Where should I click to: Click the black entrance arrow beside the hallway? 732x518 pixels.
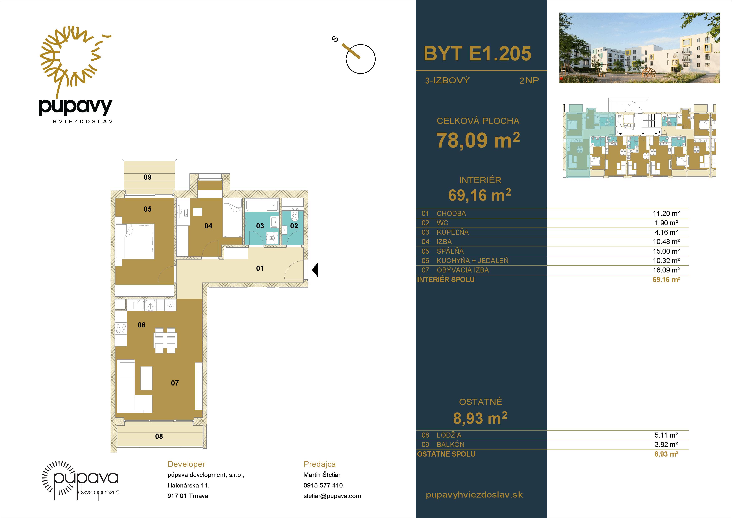(315, 270)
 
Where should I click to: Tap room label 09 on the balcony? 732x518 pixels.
(148, 177)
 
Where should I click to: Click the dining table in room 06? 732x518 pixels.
(165, 340)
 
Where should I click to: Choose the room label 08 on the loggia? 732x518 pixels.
(159, 436)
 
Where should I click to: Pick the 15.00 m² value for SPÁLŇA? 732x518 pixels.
(666, 251)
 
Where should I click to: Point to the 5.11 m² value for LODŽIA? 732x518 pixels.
(666, 435)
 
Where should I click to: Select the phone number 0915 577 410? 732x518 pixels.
(323, 485)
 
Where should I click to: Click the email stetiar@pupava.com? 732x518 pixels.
(332, 496)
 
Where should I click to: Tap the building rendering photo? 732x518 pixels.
(639, 48)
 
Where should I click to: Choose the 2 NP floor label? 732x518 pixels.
(529, 80)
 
